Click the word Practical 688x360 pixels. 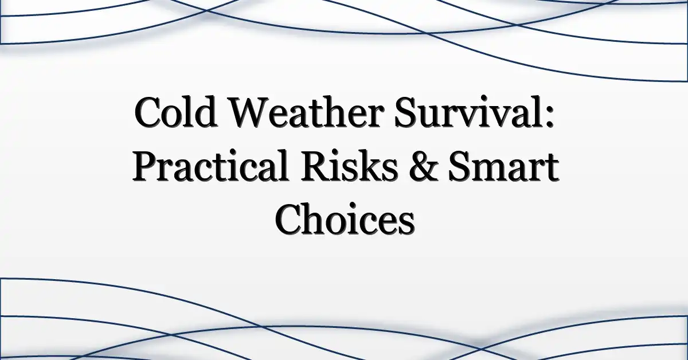[x=211, y=165]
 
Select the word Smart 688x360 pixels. [x=504, y=166]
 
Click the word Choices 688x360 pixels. [x=345, y=219]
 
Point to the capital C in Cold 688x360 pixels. [x=148, y=112]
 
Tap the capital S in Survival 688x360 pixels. [x=406, y=112]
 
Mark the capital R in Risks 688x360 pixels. [x=317, y=166]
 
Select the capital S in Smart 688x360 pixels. [x=460, y=166]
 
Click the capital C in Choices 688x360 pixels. [x=289, y=220]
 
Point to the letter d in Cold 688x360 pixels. [x=205, y=112]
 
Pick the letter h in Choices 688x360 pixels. [x=318, y=218]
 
